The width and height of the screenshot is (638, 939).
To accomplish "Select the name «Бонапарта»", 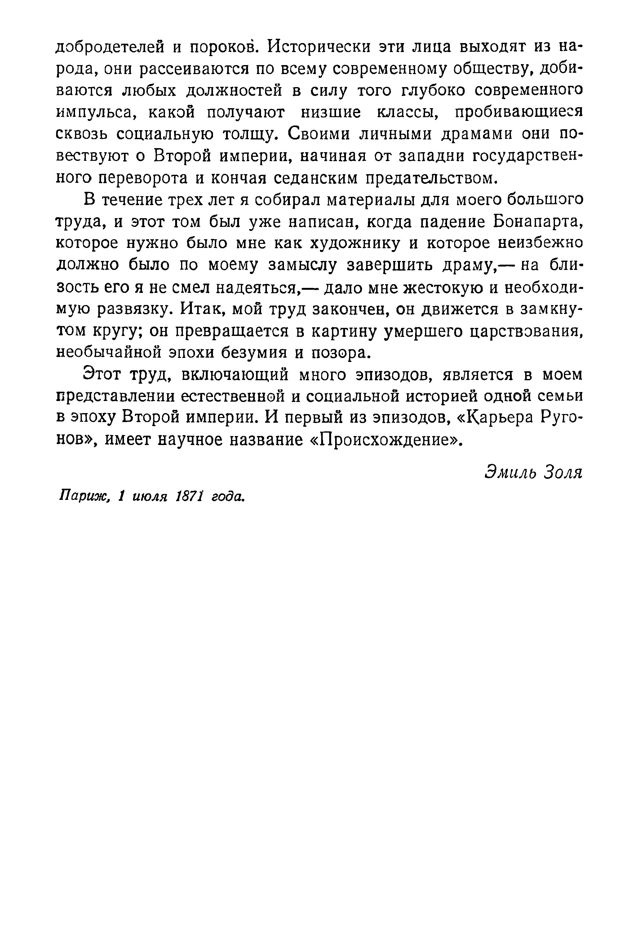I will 536,222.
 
